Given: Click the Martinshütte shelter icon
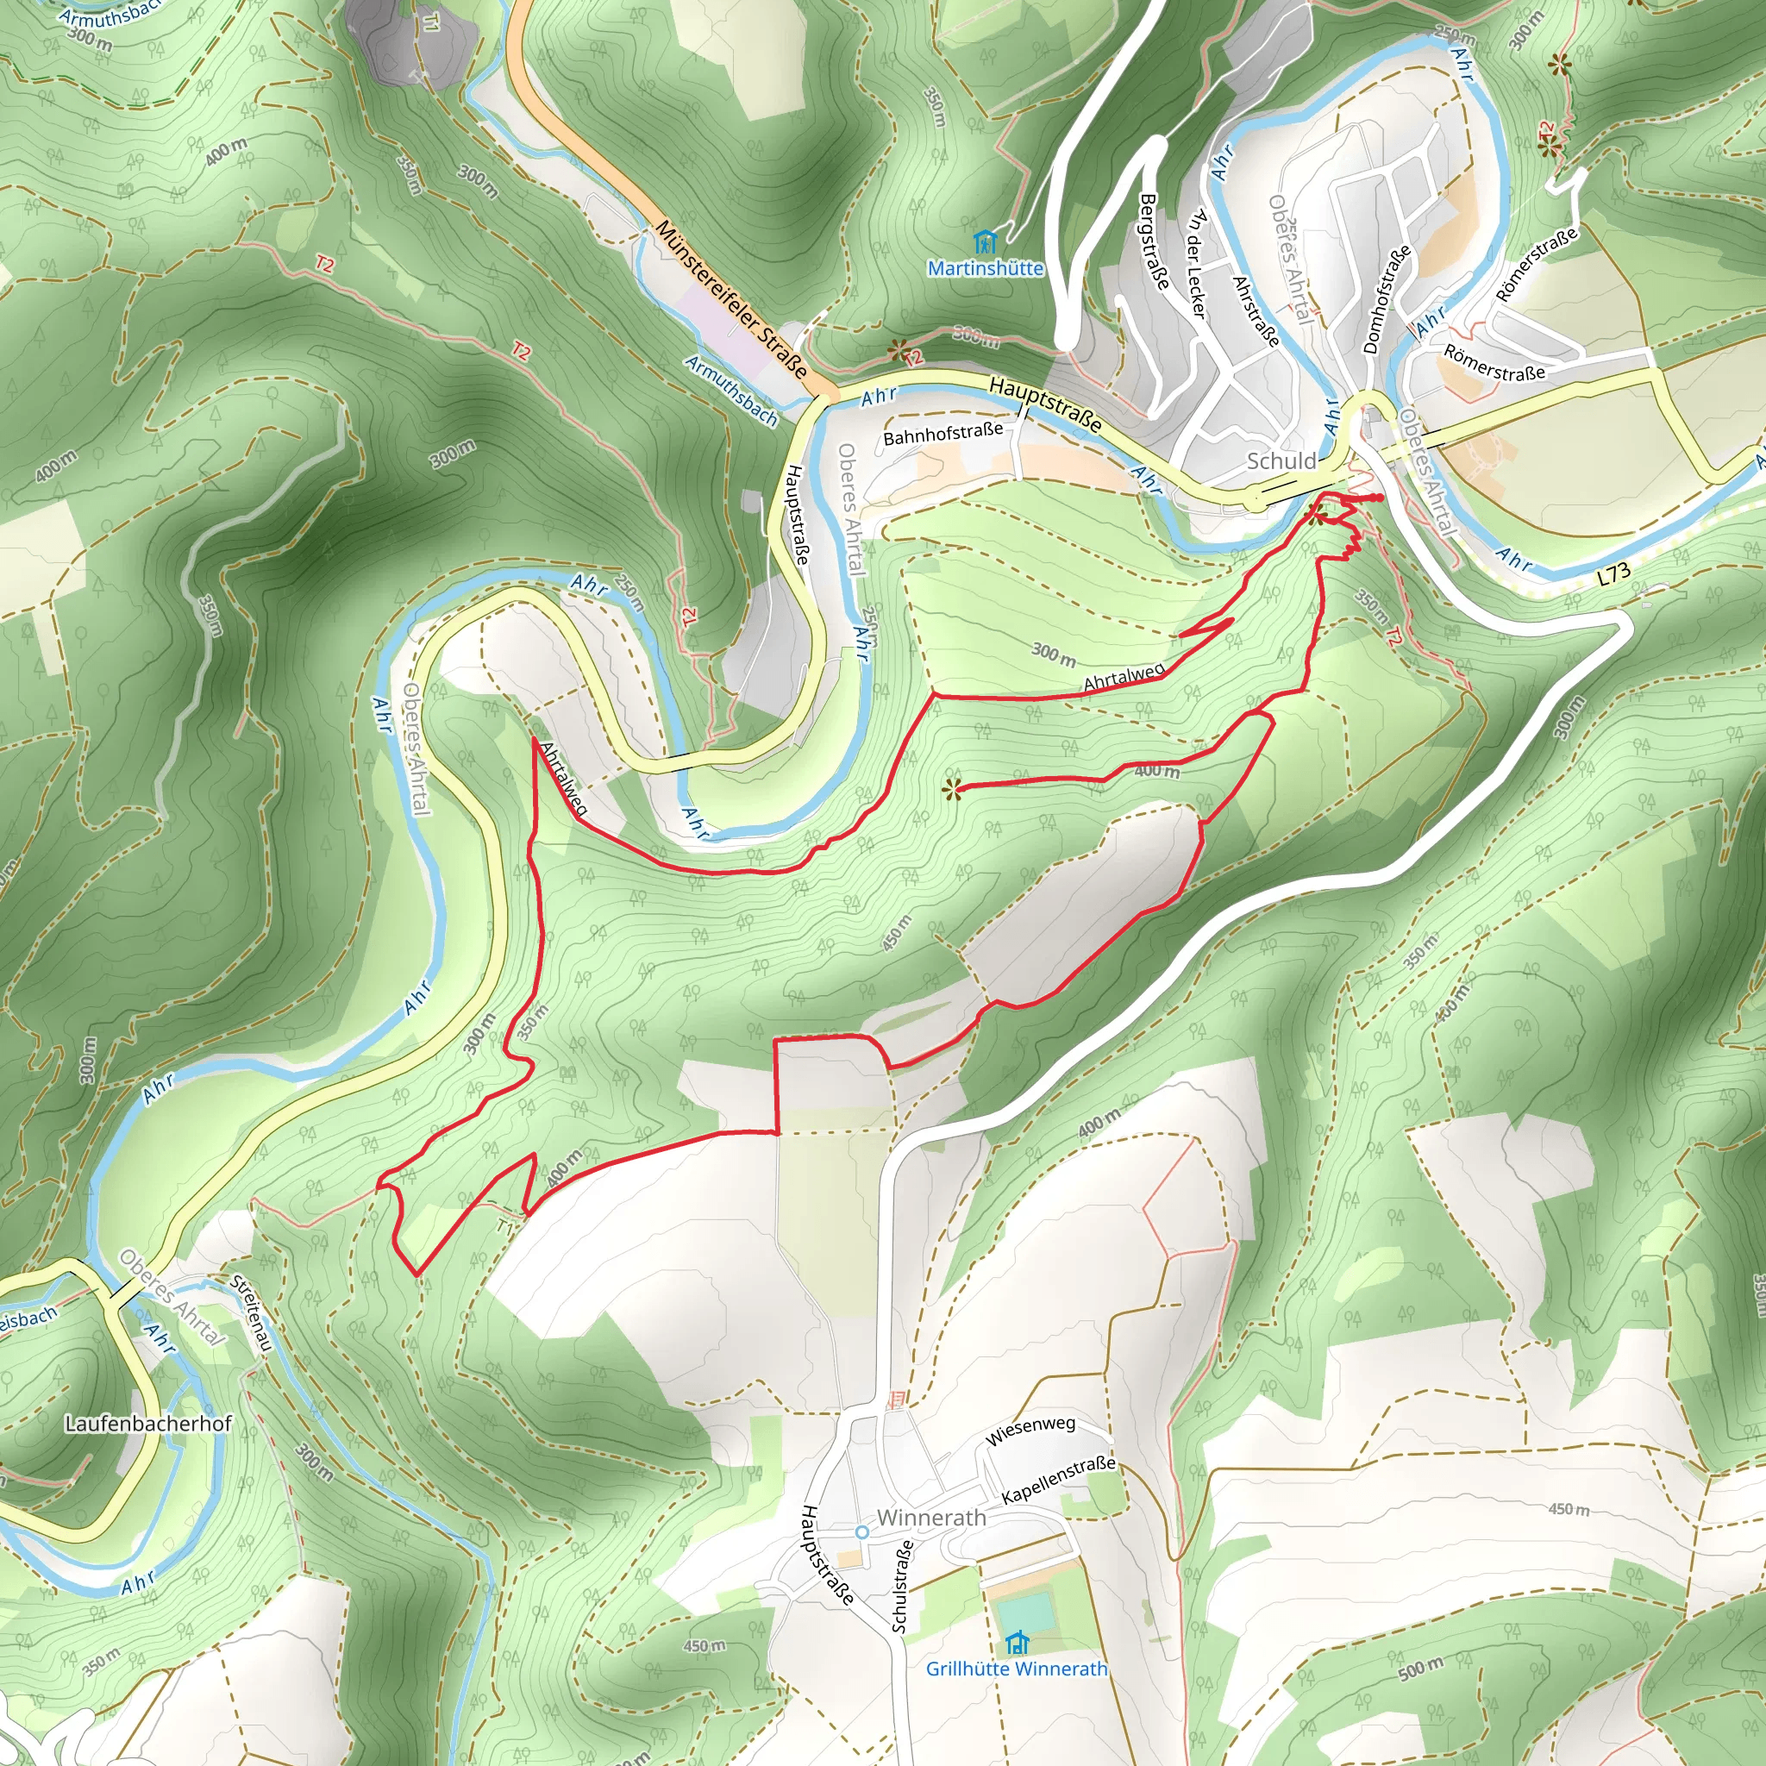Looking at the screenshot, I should [985, 242].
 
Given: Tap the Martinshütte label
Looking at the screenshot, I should [985, 269].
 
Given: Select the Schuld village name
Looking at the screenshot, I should [1281, 460].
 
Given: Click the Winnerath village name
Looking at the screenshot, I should [930, 1518].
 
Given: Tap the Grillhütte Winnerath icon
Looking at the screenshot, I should [1017, 1643].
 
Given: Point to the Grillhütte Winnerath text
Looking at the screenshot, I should [1017, 1669].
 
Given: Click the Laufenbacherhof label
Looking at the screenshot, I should [148, 1423].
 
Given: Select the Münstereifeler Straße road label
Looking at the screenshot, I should [731, 300].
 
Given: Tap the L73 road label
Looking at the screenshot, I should [1614, 574].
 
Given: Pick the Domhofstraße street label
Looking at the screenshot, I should [1386, 299].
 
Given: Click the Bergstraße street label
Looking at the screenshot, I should [1155, 241].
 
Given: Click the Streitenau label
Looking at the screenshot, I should [249, 1313].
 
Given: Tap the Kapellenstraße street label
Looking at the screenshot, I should [1059, 1480].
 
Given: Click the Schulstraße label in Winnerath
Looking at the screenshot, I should [901, 1586].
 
